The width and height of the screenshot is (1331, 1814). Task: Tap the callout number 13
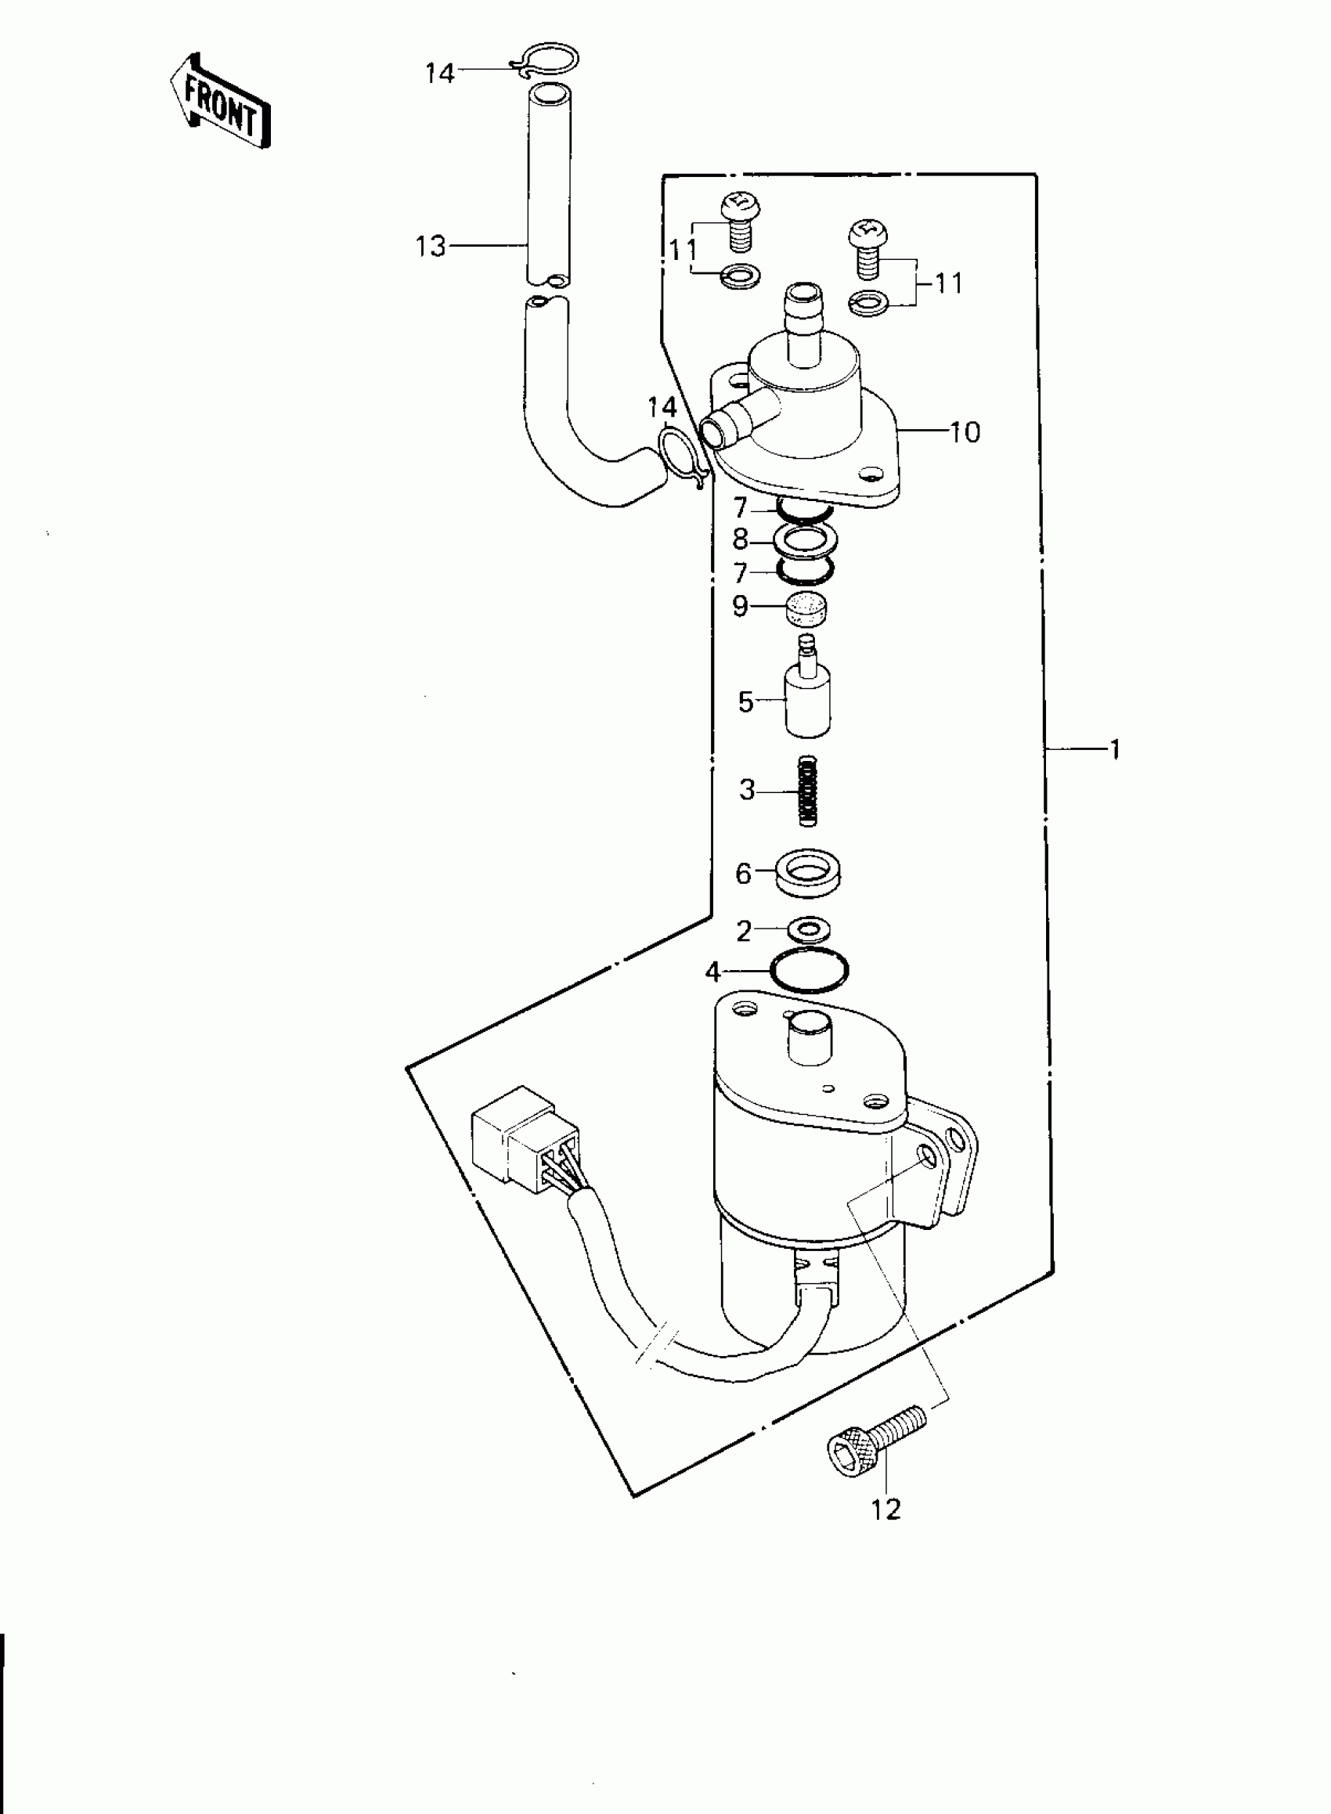click(x=431, y=246)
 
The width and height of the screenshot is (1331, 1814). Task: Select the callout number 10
click(x=965, y=432)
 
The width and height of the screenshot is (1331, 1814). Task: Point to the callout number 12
click(x=886, y=1509)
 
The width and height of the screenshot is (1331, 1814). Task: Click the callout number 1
click(x=1115, y=750)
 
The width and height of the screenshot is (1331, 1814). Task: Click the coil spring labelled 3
click(x=808, y=789)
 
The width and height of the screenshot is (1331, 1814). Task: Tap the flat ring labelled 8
click(x=805, y=539)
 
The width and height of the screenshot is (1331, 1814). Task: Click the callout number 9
click(x=740, y=606)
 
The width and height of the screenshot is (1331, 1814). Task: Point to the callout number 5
click(x=745, y=701)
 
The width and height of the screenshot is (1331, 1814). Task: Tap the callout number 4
click(x=712, y=972)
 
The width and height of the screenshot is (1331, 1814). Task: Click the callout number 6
click(x=743, y=873)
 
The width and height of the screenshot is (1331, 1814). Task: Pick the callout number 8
click(x=740, y=539)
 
